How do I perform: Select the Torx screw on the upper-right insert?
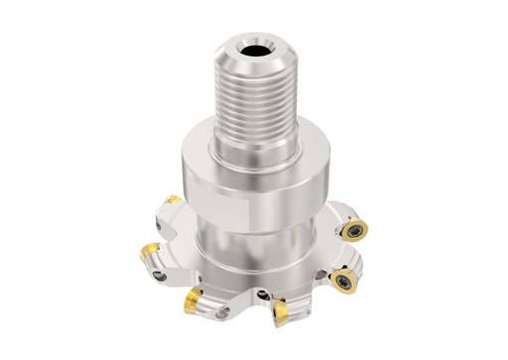[353, 231]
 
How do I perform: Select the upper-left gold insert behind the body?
[172, 201]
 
